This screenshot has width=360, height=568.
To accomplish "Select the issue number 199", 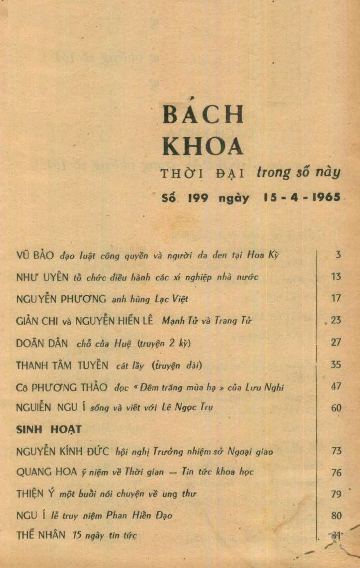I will pyautogui.click(x=198, y=198).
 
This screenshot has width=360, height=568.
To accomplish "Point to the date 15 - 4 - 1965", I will pyautogui.click(x=302, y=197).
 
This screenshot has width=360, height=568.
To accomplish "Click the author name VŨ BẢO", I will pyautogui.click(x=35, y=255).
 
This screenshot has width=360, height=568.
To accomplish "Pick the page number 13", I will pyautogui.click(x=336, y=276).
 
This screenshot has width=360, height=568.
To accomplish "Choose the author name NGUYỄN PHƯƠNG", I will pyautogui.click(x=61, y=299).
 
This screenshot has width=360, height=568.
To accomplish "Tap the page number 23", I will pyautogui.click(x=336, y=320).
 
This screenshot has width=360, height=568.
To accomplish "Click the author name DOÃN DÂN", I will pyautogui.click(x=42, y=343).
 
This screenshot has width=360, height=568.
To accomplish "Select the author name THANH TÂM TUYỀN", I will pyautogui.click(x=62, y=365).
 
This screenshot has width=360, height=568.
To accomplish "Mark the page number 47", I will pyautogui.click(x=336, y=386).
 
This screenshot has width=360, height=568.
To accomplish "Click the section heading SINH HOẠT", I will pyautogui.click(x=49, y=429).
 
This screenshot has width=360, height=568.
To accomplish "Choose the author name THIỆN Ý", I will pyautogui.click(x=36, y=494).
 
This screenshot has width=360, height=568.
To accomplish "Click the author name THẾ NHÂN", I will pyautogui.click(x=41, y=536).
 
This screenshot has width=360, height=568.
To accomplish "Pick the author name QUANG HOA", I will pyautogui.click(x=47, y=472).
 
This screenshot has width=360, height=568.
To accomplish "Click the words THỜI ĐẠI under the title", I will pyautogui.click(x=202, y=174).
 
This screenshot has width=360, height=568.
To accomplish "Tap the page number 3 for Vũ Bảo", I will pyautogui.click(x=338, y=254).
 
